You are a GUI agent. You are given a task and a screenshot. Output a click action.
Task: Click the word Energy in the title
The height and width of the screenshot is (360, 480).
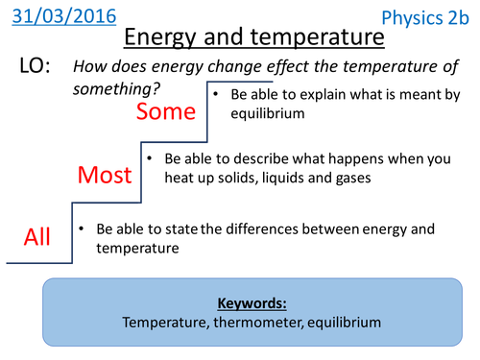pos(169,38)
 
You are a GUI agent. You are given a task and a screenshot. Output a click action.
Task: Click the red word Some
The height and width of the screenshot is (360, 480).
pos(166,111)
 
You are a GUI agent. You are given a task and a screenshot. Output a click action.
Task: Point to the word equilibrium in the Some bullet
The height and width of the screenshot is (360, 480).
pos(265,113)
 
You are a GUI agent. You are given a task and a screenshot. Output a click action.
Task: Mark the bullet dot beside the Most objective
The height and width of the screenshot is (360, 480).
pos(149,156)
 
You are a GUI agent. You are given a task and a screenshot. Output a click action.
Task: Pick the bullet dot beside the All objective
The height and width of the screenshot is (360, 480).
pos(84,228)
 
